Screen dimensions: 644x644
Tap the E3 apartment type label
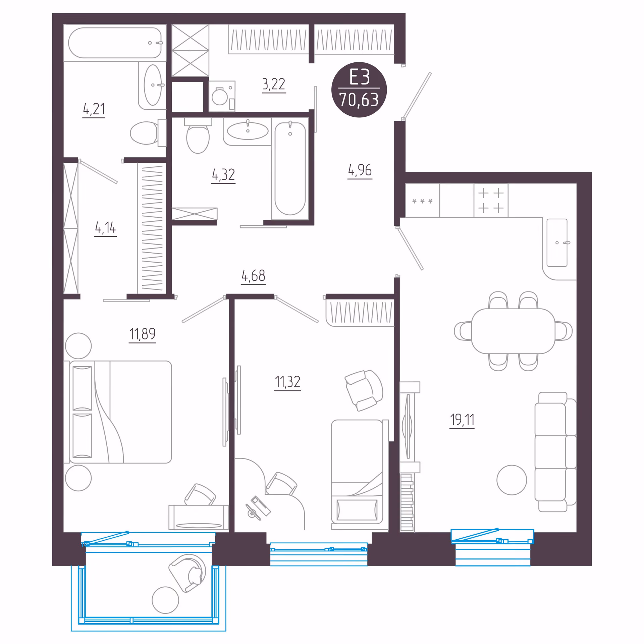point(359,77)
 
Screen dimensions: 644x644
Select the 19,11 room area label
point(462,419)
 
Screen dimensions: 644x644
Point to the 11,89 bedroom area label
point(143,334)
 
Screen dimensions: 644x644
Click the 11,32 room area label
point(287,382)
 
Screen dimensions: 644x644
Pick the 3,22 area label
point(274,84)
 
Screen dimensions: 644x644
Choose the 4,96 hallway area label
point(360,170)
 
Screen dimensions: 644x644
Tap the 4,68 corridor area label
point(253,276)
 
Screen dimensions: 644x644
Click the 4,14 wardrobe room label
point(105,228)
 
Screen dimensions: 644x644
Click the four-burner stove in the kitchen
point(491,201)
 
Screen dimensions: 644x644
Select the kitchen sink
point(557,243)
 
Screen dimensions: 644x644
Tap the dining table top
point(513,331)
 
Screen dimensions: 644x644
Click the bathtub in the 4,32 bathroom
point(290,168)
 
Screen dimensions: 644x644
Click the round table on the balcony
point(165,600)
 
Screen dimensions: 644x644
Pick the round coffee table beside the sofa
point(512,480)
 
